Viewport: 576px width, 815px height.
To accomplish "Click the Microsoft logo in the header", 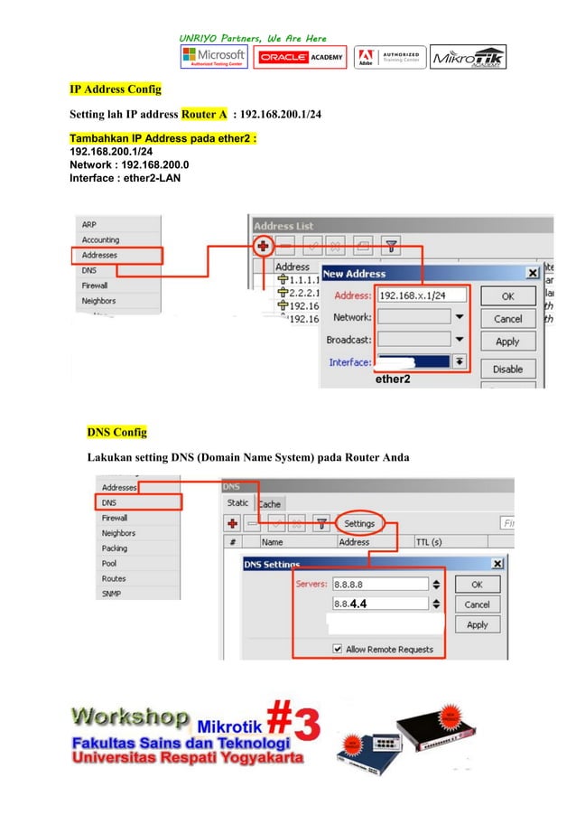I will click(213, 57).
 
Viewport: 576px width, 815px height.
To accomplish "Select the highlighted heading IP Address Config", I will click(116, 90).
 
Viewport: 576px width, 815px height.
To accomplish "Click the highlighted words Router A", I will click(204, 116).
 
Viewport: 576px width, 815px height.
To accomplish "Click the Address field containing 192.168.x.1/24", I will click(423, 295).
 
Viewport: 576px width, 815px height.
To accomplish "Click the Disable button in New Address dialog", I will click(507, 369).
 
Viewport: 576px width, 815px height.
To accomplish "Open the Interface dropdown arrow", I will click(459, 362).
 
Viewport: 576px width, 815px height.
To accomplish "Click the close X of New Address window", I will click(533, 273).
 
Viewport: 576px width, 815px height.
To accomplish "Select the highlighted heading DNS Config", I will click(116, 431).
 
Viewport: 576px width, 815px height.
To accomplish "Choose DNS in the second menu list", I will click(109, 502).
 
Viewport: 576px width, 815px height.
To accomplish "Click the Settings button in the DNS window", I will click(359, 523).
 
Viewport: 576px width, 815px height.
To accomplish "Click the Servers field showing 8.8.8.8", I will click(378, 584).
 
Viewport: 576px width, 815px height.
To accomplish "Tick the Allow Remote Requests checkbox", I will click(337, 649).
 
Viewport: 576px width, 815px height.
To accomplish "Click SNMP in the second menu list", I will click(112, 594).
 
